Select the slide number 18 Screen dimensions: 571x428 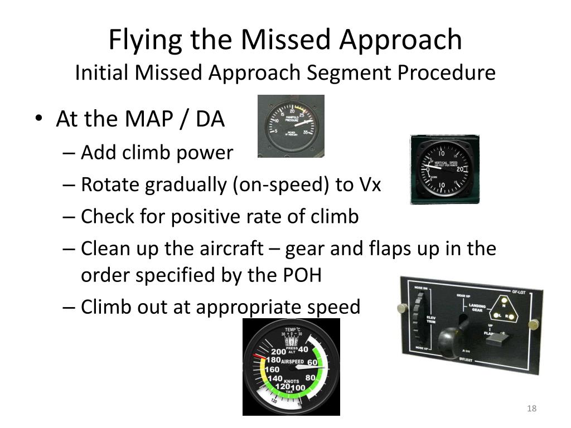click(531, 409)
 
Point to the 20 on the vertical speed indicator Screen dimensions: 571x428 click(461, 170)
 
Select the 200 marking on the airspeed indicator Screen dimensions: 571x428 click(278, 352)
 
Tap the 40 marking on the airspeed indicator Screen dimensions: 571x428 click(303, 349)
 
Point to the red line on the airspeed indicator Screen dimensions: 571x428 click(259, 356)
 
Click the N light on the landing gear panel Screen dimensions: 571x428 click(504, 305)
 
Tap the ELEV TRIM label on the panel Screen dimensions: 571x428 click(431, 320)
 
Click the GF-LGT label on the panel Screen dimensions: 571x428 click(519, 291)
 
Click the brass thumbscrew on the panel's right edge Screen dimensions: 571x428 click(533, 323)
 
